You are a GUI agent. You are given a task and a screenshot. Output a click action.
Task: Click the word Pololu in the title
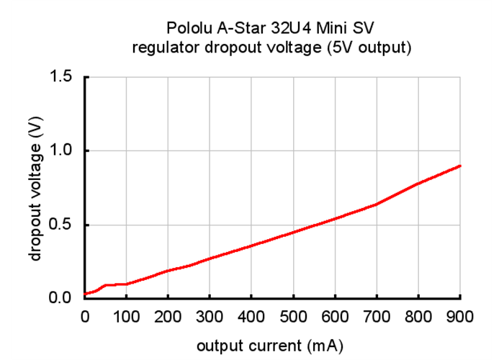[x=187, y=30]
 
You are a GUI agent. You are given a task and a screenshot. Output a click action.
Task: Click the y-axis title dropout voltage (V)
[x=35, y=189]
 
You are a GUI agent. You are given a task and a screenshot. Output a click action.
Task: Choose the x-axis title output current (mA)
[x=270, y=346]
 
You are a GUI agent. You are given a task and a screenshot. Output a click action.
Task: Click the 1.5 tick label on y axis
[x=61, y=76]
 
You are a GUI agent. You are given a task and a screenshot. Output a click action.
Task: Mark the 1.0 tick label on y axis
[x=61, y=150]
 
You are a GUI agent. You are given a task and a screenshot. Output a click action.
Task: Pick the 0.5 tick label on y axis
[x=61, y=225]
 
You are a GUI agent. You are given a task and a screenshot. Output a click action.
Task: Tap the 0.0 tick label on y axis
[x=61, y=298]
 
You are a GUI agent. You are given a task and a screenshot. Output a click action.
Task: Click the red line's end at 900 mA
[x=460, y=166]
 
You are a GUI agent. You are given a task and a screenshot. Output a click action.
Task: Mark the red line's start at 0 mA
[x=86, y=294]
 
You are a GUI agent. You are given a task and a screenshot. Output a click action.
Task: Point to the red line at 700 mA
[x=377, y=204]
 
